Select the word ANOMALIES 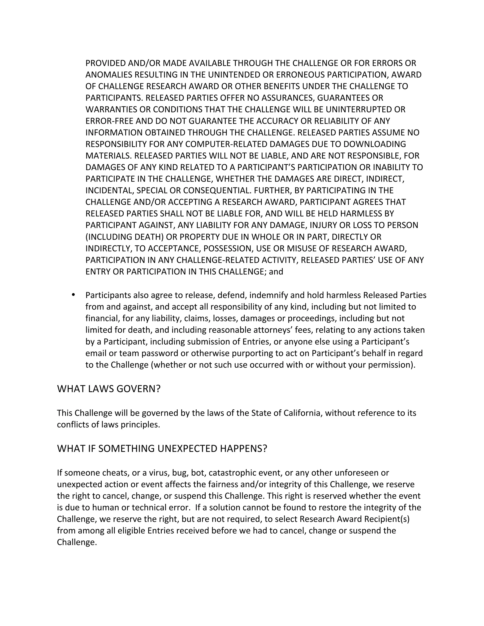pos(109,75)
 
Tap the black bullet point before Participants pos(73,295)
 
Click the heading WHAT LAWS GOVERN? pos(109,389)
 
